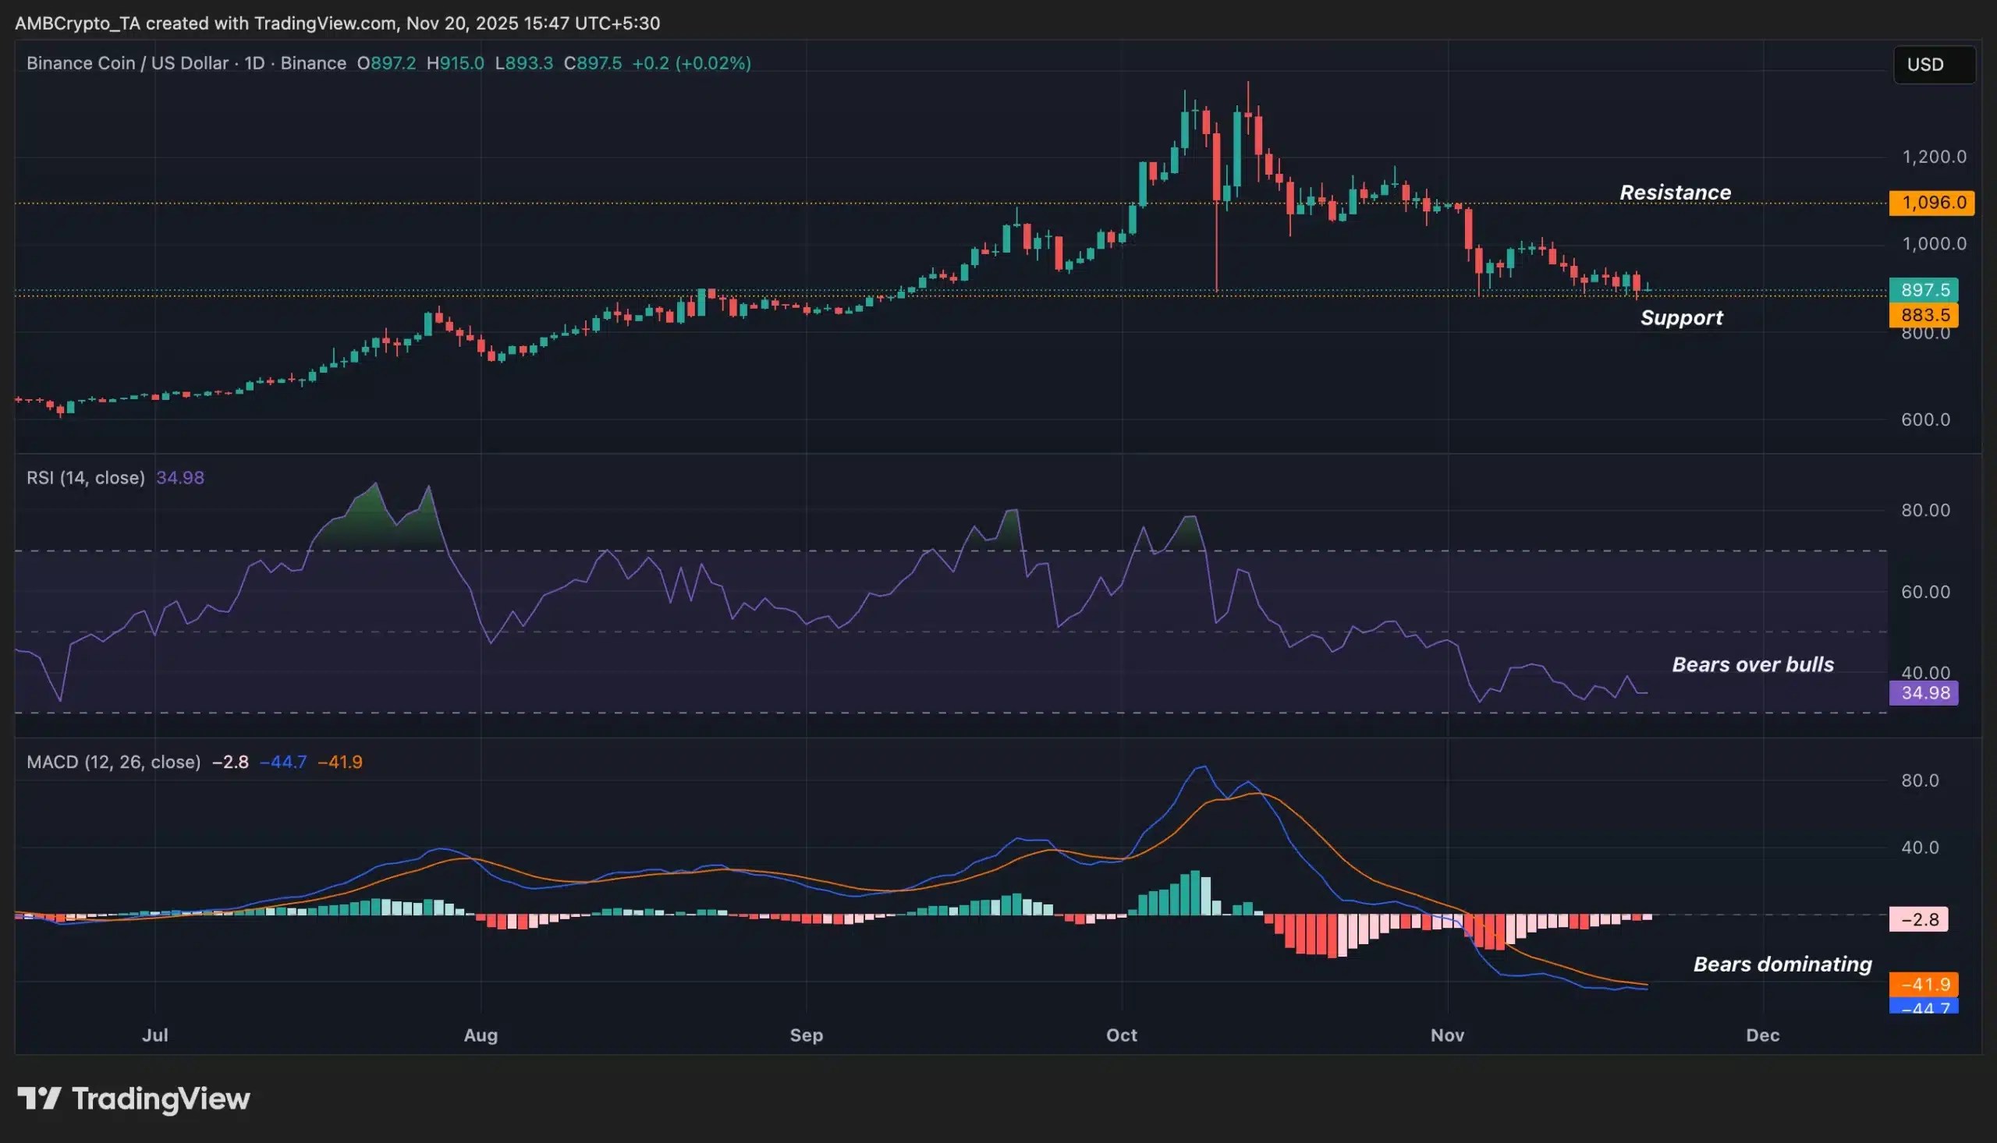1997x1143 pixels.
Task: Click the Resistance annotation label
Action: (x=1675, y=193)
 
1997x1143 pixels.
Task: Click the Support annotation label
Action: (x=1681, y=317)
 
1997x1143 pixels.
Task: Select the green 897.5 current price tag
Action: (x=1924, y=290)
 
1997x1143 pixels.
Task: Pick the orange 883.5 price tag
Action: (x=1924, y=315)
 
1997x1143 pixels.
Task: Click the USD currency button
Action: (x=1933, y=65)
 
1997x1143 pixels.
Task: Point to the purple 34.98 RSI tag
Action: (x=1924, y=692)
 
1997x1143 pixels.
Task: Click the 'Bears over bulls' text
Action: (x=1753, y=664)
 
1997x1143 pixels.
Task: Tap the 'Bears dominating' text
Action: (x=1782, y=964)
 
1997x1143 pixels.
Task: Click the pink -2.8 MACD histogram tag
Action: (x=1918, y=919)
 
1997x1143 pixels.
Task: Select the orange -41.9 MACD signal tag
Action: (x=1924, y=984)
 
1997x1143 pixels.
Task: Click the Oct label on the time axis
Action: (x=1122, y=1035)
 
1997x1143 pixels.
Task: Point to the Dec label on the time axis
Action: (x=1762, y=1035)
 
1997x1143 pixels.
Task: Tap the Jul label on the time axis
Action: (x=154, y=1035)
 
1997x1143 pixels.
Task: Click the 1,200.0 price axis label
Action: (x=1933, y=157)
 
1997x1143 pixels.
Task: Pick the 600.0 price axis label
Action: (x=1925, y=419)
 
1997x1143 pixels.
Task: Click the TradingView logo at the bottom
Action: (x=133, y=1099)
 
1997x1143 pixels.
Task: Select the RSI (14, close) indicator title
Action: (x=86, y=477)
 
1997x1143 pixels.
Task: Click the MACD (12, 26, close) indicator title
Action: (x=114, y=762)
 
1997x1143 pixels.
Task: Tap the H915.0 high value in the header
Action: (x=456, y=63)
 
